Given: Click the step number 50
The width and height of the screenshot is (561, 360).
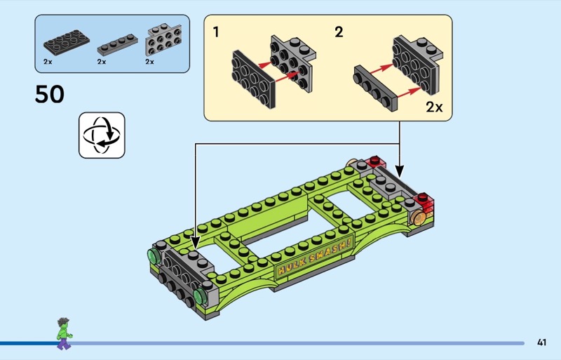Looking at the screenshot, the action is (x=49, y=95).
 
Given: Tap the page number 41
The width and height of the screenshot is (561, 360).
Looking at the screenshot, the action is (x=541, y=342).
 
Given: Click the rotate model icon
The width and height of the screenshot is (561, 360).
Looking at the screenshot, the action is (x=102, y=135).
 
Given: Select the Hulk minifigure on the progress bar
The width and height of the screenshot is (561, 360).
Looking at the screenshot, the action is (x=65, y=333).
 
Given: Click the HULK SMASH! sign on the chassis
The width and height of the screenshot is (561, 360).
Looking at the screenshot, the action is (x=314, y=255).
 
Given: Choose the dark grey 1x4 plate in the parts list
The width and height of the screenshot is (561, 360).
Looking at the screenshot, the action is (x=118, y=45).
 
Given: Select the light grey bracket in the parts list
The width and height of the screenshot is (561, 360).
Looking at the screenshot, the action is (x=163, y=40).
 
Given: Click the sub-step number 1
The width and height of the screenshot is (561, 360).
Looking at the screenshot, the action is (x=216, y=32).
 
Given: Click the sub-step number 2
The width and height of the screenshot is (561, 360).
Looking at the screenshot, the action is (x=339, y=32).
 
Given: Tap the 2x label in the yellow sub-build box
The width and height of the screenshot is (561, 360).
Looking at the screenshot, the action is (x=434, y=107).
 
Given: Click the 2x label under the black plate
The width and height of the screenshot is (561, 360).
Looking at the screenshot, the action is (x=48, y=62).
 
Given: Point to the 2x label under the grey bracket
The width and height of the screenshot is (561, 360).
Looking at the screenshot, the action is (x=149, y=62).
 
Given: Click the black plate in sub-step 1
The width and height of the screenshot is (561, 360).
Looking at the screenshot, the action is (x=254, y=79).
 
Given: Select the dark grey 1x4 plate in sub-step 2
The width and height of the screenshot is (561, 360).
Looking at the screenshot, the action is (x=376, y=88).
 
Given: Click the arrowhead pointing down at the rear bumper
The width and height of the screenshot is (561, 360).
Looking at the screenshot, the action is (x=400, y=171).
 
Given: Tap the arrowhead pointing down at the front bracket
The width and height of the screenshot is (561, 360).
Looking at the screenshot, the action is (x=195, y=243).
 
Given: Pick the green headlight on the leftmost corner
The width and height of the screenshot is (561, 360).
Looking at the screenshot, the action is (x=154, y=257).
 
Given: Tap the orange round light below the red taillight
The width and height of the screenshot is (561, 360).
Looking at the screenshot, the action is (x=418, y=218).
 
